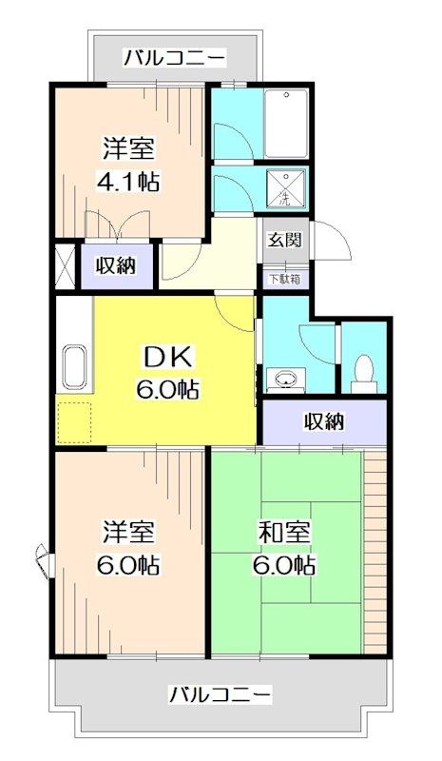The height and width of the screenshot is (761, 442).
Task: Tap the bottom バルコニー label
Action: tap(221, 693)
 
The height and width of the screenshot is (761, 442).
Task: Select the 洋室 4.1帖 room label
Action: tap(129, 164)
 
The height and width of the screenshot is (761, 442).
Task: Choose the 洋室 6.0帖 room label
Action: tap(129, 549)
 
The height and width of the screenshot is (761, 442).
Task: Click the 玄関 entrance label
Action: tap(282, 240)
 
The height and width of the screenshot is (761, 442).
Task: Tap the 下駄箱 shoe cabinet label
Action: tap(282, 279)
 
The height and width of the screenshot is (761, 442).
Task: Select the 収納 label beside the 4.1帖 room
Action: tap(115, 265)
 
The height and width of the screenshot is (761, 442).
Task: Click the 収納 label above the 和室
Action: tap(324, 421)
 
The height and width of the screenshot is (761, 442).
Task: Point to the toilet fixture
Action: tap(362, 372)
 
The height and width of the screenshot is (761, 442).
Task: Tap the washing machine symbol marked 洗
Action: tap(283, 188)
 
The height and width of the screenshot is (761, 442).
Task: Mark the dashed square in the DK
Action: tap(73, 420)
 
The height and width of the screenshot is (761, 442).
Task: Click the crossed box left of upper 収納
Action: tap(65, 266)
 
